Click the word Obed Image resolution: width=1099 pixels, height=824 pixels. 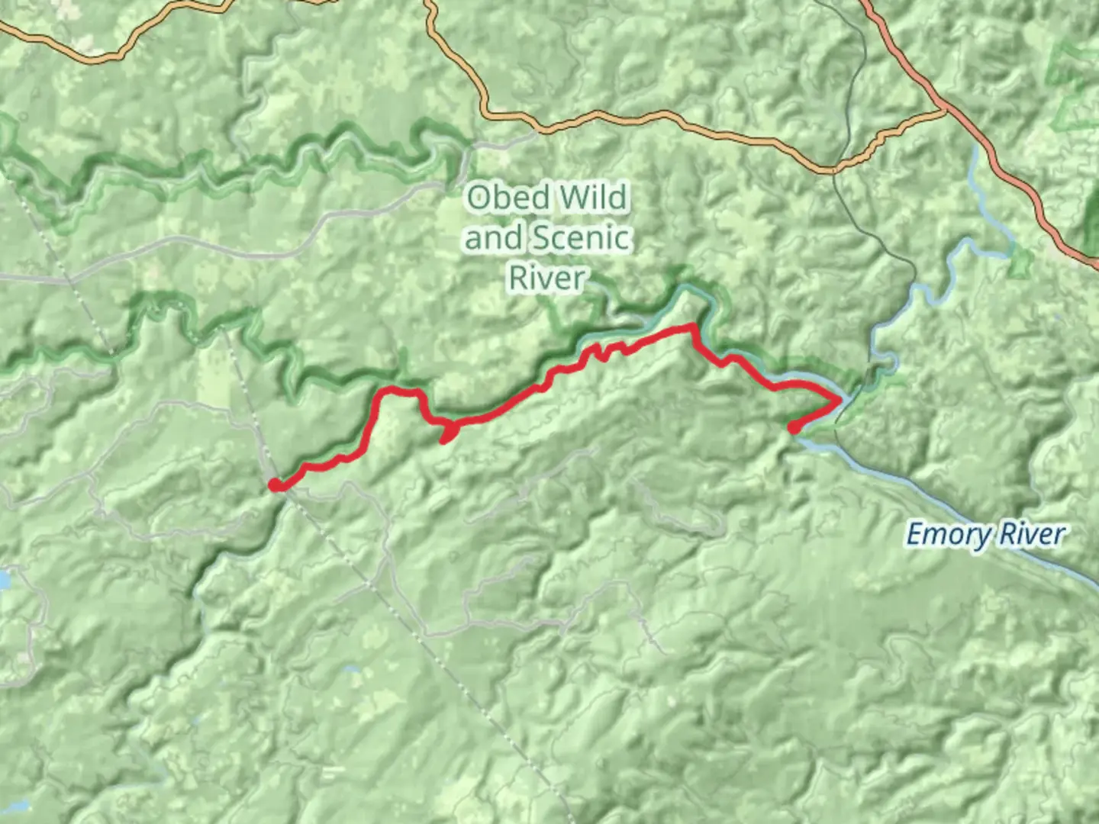pyautogui.click(x=506, y=198)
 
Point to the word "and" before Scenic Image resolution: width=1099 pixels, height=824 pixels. pyautogui.click(x=493, y=238)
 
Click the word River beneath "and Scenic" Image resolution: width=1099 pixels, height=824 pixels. pyautogui.click(x=547, y=278)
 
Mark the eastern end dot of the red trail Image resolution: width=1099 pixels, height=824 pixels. pyautogui.click(x=794, y=428)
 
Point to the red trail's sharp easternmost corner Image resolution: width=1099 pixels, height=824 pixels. pyautogui.click(x=841, y=399)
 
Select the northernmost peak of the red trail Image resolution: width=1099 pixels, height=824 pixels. pyautogui.click(x=691, y=327)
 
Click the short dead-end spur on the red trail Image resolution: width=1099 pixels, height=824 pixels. pyautogui.click(x=446, y=438)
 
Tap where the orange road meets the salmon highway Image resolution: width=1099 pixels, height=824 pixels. pyautogui.click(x=945, y=111)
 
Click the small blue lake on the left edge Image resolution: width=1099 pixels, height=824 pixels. pyautogui.click(x=4, y=580)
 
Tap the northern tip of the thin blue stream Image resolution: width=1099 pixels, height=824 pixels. pyautogui.click(x=975, y=147)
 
